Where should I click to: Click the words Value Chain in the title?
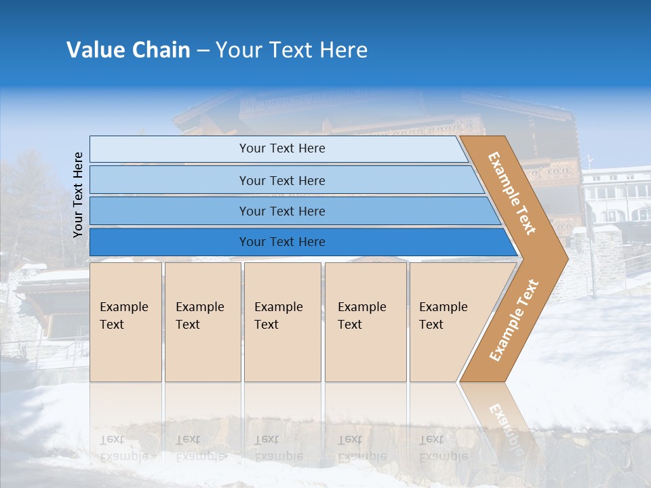click(128, 50)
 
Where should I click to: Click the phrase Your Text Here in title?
click(292, 50)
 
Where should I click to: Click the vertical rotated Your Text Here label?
click(78, 195)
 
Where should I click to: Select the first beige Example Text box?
click(125, 322)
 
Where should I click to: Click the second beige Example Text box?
click(202, 322)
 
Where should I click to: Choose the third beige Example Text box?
click(281, 322)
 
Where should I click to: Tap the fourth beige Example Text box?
click(365, 322)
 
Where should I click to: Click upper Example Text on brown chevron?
click(512, 193)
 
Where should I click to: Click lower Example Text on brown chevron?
click(514, 320)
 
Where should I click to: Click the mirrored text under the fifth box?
click(443, 447)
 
